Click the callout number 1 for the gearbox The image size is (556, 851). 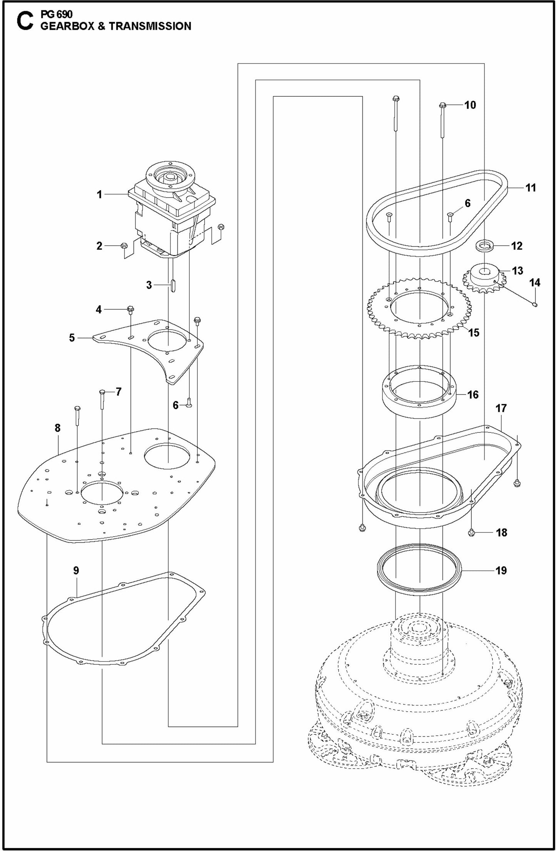tap(99, 195)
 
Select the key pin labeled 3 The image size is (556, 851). tap(172, 286)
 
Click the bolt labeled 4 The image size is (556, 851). tap(130, 309)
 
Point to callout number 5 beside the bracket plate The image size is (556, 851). tap(72, 338)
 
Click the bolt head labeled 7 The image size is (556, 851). tap(102, 392)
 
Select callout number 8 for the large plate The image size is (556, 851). tap(57, 428)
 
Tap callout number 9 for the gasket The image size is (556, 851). tap(76, 570)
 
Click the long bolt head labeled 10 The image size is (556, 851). tap(442, 105)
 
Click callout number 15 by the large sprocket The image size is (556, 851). tap(474, 332)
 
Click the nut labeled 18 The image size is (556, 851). tap(471, 533)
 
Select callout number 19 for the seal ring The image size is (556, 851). tap(501, 570)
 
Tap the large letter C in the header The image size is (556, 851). tap(24, 21)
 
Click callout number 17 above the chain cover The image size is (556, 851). tap(501, 408)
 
